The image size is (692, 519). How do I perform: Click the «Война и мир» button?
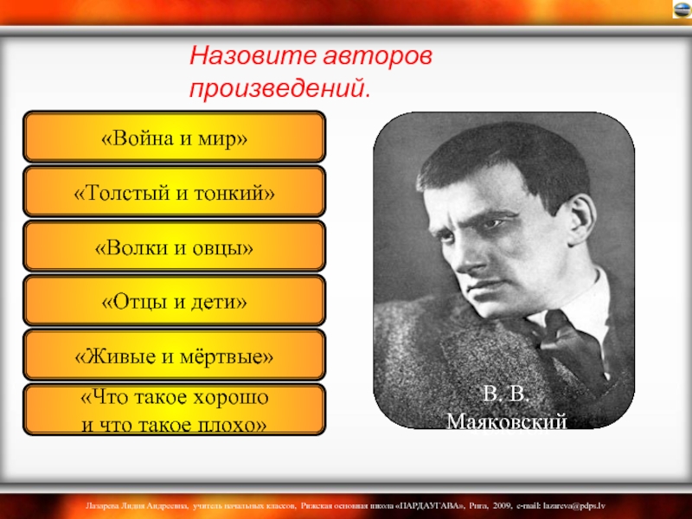click(x=175, y=137)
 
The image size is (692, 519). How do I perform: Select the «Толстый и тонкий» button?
click(x=175, y=191)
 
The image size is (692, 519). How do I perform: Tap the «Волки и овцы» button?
click(x=175, y=246)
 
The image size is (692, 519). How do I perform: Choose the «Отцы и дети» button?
click(x=175, y=300)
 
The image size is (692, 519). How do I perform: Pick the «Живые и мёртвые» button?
click(x=175, y=355)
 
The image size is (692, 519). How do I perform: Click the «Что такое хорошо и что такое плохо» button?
click(x=175, y=409)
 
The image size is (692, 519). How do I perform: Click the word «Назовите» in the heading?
click(x=253, y=56)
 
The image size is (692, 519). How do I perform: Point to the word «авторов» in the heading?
click(x=378, y=57)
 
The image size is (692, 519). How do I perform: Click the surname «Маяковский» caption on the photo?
click(x=507, y=421)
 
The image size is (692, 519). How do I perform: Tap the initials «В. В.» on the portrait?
click(x=506, y=394)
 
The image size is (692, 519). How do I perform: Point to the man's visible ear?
click(x=581, y=220)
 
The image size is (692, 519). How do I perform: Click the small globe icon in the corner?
click(x=682, y=9)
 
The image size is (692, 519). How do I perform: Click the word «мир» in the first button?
click(x=222, y=138)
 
